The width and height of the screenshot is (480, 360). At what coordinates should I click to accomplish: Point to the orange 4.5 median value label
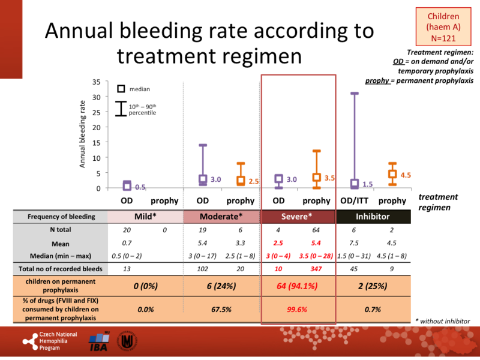(406, 175)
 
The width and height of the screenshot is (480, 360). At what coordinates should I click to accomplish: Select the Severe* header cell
(298, 216)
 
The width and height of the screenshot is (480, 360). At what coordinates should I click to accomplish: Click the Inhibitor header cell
(373, 216)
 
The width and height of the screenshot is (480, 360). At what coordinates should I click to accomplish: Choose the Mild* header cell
(146, 216)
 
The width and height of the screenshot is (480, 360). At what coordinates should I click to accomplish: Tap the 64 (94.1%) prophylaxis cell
(298, 286)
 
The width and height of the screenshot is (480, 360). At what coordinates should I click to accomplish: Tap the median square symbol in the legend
(121, 89)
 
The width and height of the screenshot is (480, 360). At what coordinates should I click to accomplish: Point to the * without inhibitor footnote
(442, 321)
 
